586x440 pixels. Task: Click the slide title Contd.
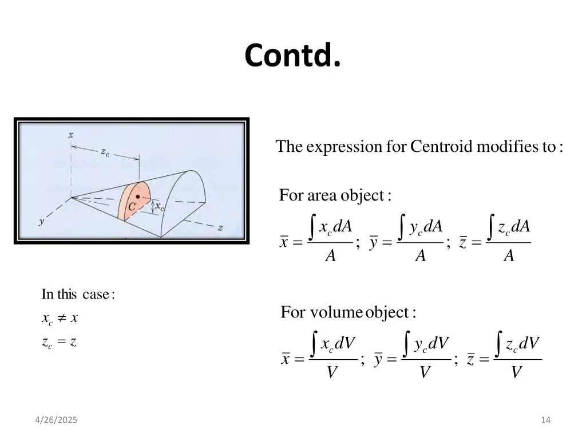[x=292, y=56]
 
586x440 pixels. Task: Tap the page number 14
[x=545, y=421]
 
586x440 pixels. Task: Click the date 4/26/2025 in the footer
[x=56, y=421]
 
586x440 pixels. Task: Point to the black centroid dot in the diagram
[x=138, y=197]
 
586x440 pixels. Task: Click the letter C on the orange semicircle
[x=132, y=207]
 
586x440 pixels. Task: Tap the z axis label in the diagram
[x=220, y=227]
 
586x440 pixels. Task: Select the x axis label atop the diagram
[x=71, y=135]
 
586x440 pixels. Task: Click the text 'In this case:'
[x=78, y=295]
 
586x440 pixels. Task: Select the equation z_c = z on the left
[x=59, y=342]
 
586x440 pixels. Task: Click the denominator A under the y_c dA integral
[x=421, y=256]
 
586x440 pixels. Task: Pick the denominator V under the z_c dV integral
[x=516, y=373]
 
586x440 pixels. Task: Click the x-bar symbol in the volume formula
[x=285, y=359]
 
